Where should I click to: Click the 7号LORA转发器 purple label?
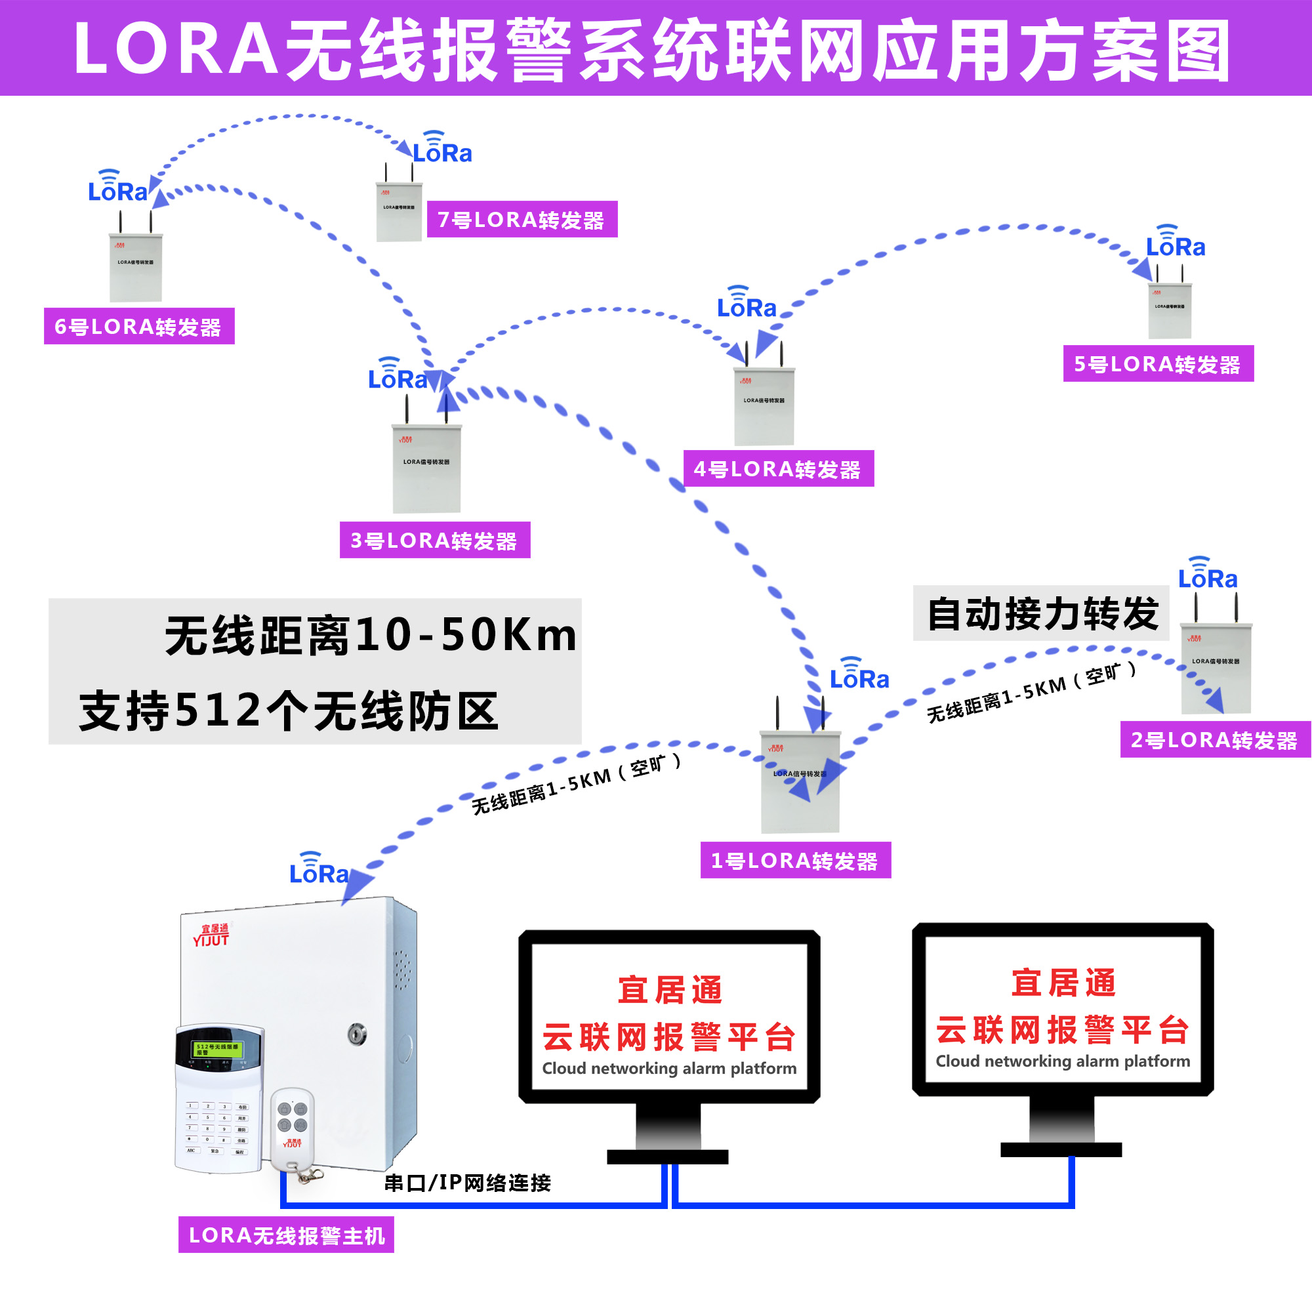(x=522, y=219)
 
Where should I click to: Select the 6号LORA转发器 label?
(x=139, y=326)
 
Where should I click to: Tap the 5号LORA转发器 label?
(x=1158, y=364)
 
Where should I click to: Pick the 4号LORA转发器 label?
(x=778, y=468)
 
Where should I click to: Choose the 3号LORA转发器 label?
(x=435, y=540)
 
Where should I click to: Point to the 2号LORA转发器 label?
(x=1215, y=739)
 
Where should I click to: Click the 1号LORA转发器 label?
(x=795, y=861)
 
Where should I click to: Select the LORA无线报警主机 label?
(x=286, y=1235)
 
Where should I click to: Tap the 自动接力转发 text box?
(x=1041, y=613)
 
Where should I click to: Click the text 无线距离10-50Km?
(x=370, y=635)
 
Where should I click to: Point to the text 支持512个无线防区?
(x=289, y=711)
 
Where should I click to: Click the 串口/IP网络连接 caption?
(x=467, y=1182)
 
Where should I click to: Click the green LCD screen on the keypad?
(x=217, y=1049)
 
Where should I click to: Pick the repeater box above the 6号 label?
(x=136, y=267)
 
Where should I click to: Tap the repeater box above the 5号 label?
(x=1170, y=311)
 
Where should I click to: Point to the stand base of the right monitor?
(x=1061, y=1149)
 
